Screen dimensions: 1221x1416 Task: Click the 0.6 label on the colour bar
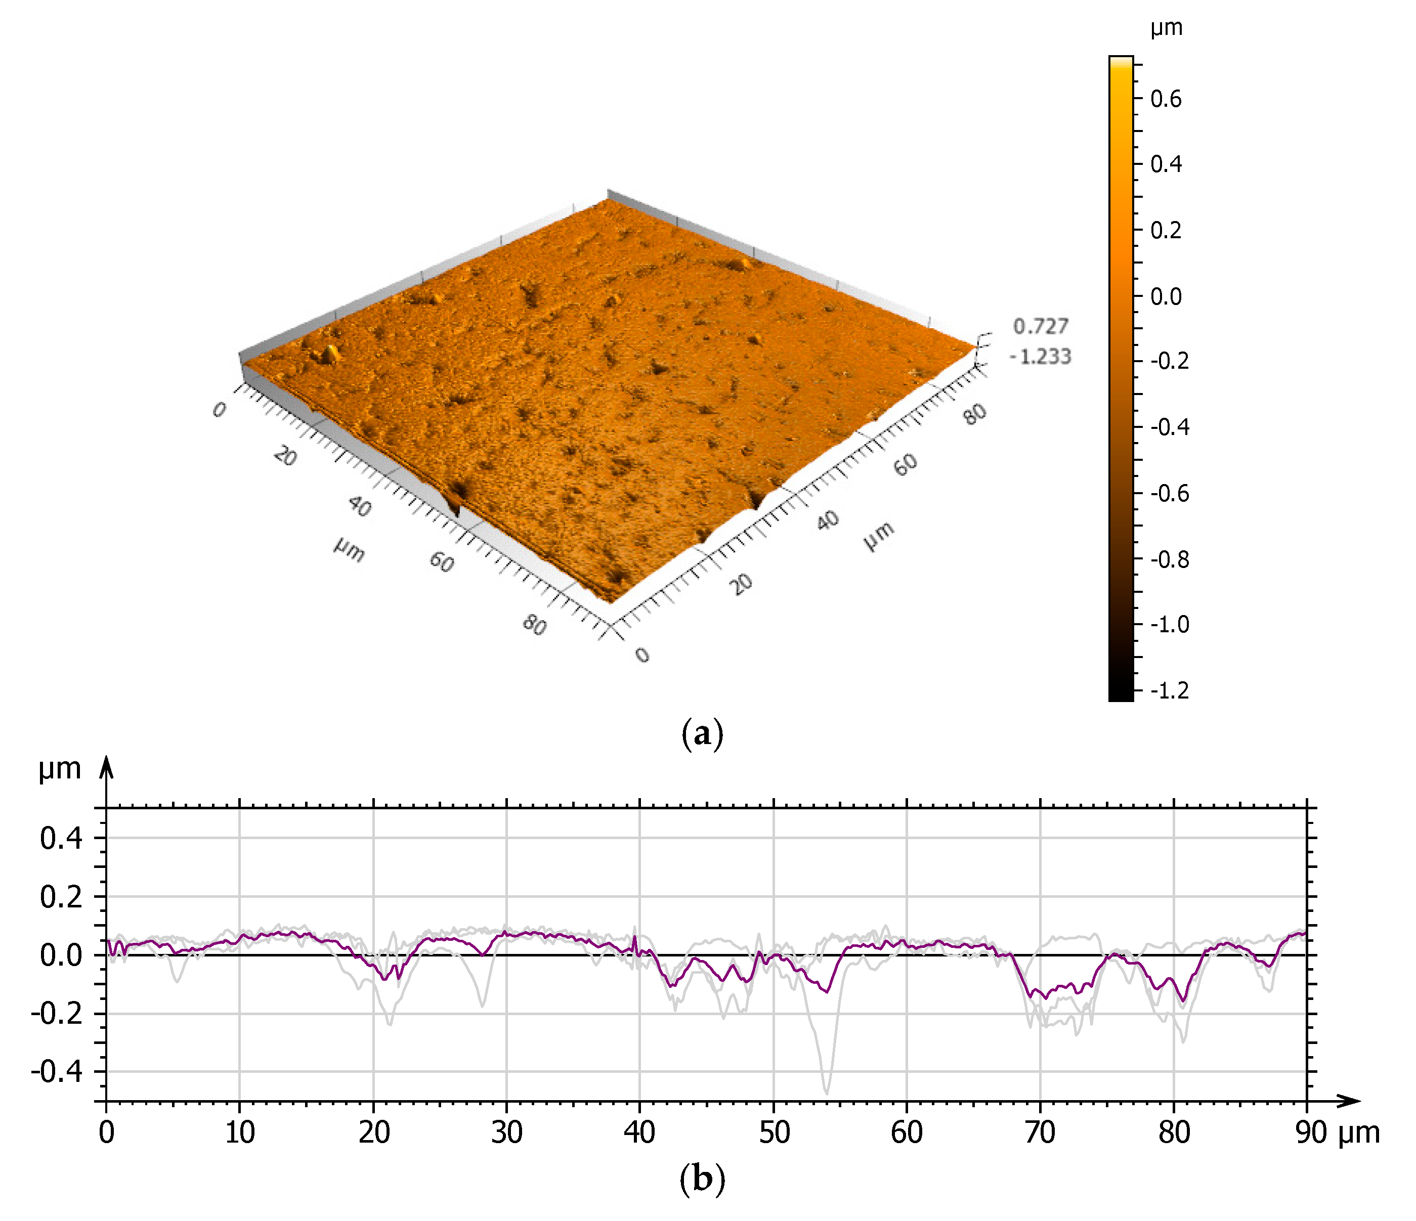pos(1165,99)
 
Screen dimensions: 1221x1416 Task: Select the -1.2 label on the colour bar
pos(1169,690)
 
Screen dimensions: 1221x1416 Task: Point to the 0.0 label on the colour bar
pos(1165,296)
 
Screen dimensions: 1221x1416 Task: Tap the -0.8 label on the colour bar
pos(1169,559)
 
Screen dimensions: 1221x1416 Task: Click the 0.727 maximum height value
pos(1040,327)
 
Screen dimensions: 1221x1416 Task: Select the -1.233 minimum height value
pos(1040,357)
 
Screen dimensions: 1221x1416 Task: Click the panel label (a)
pos(702,734)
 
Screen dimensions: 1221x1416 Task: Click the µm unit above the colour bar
pos(1166,28)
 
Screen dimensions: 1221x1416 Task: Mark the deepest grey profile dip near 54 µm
pos(827,1092)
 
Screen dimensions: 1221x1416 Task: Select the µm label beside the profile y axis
pos(60,769)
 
